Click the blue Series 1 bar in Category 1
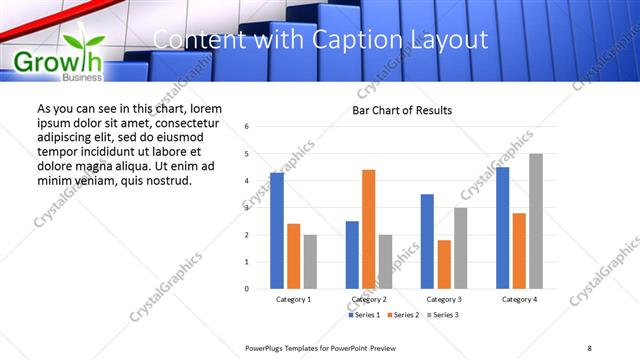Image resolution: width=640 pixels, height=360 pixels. pyautogui.click(x=277, y=230)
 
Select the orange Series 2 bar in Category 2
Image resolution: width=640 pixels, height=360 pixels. pyautogui.click(x=369, y=229)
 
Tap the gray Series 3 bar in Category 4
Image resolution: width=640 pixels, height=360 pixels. pyautogui.click(x=536, y=221)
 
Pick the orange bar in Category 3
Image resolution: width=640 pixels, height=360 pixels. pyautogui.click(x=444, y=264)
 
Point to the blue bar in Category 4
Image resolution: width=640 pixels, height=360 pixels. pyautogui.click(x=502, y=228)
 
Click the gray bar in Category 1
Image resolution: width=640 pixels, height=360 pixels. pyautogui.click(x=310, y=261)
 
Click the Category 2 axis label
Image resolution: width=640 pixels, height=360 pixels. pyautogui.click(x=369, y=299)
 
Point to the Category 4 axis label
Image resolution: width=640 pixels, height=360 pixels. pyautogui.click(x=519, y=299)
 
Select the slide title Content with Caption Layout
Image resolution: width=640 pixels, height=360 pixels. pyautogui.click(x=321, y=40)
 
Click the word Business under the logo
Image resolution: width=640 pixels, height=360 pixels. pyautogui.click(x=81, y=77)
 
